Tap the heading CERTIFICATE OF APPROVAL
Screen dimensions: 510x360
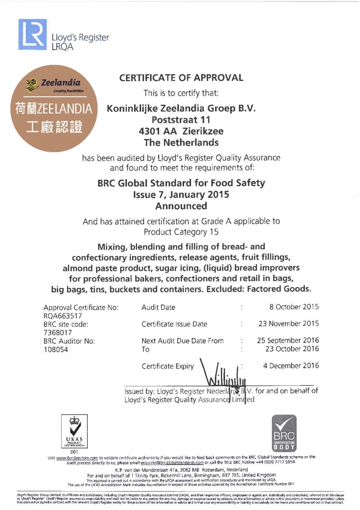coord(181,78)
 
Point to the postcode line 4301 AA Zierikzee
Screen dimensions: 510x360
coord(181,131)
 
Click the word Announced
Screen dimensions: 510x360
coord(181,206)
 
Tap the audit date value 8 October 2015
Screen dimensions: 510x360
coord(294,307)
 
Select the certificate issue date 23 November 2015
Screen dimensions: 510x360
coord(288,324)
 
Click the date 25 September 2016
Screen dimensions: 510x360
coord(288,340)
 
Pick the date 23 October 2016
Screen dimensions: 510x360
coord(291,349)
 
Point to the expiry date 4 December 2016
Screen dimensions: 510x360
coord(291,365)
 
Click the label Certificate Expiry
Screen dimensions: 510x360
coord(167,366)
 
